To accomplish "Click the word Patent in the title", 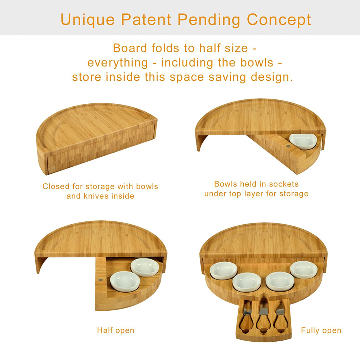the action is click(x=146, y=19).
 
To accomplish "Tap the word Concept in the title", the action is click(x=279, y=20).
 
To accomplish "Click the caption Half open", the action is click(x=116, y=330).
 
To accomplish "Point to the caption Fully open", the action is click(x=321, y=330).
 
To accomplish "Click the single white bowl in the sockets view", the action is click(x=303, y=141).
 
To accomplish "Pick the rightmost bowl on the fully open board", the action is click(x=304, y=270).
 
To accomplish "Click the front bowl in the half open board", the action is click(x=125, y=282).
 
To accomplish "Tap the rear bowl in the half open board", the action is click(x=145, y=267).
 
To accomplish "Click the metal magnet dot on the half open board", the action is click(x=100, y=280).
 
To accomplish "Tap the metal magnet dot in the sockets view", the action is click(x=288, y=146).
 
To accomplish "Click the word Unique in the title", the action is click(x=87, y=20).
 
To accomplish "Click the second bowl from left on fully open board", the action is click(x=247, y=282).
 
